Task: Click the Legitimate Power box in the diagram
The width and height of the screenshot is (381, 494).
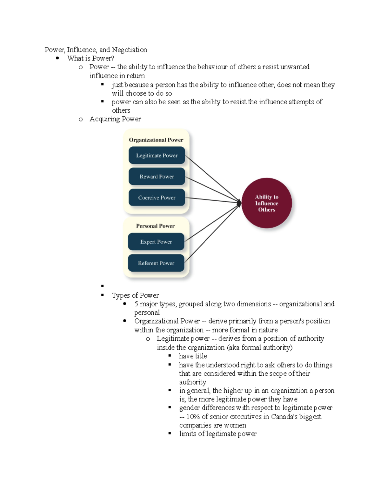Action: click(x=157, y=156)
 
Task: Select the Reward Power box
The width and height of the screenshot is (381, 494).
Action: click(x=157, y=177)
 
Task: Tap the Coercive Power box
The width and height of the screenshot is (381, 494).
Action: click(x=157, y=198)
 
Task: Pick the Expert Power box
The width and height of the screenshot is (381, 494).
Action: click(x=156, y=242)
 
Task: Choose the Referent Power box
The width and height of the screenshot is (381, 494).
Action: click(x=156, y=263)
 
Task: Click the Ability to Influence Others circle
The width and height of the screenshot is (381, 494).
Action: click(x=266, y=203)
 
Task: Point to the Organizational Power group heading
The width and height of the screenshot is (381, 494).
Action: click(x=156, y=140)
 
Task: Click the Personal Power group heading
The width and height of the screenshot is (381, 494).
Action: click(x=155, y=226)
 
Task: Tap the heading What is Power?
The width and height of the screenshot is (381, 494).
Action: click(x=90, y=58)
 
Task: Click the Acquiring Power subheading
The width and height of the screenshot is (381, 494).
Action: click(x=115, y=119)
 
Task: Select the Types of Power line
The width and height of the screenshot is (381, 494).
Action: click(x=135, y=296)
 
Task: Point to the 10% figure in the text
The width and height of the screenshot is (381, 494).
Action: click(x=193, y=417)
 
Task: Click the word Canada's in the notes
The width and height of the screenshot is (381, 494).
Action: click(x=285, y=417)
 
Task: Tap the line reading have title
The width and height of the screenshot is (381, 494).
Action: click(x=193, y=356)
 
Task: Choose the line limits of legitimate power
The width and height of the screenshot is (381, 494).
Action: click(x=218, y=434)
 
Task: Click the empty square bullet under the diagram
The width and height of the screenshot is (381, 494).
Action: click(x=103, y=286)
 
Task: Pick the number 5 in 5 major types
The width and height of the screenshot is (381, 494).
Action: click(x=136, y=304)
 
